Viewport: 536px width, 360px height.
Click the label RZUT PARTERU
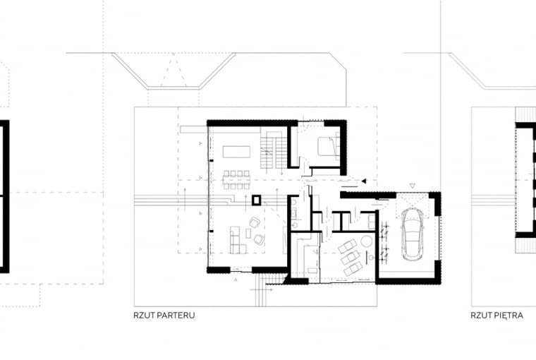tap(164, 315)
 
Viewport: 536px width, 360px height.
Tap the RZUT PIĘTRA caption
tap(497, 315)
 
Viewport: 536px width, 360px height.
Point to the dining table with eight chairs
tap(236, 180)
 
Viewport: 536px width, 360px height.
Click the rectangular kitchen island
tap(236, 152)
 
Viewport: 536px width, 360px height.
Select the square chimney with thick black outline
tap(257, 200)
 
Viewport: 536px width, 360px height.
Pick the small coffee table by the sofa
tap(248, 234)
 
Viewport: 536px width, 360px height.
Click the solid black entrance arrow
tap(364, 181)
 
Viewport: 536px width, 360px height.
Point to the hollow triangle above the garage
tap(413, 186)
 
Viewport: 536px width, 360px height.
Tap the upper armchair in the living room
tap(255, 223)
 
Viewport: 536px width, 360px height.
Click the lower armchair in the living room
tap(259, 239)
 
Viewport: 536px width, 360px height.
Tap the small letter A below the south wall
tap(236, 280)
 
